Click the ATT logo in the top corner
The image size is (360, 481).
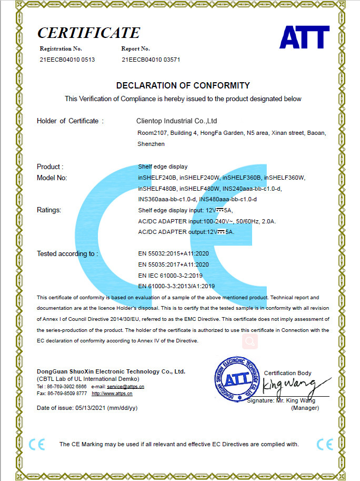304,37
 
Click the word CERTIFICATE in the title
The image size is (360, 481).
88,33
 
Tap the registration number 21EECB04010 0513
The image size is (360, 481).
67,60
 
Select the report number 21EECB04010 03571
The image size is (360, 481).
151,60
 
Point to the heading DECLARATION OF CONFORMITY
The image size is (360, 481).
183,85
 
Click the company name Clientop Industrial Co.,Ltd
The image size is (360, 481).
173,121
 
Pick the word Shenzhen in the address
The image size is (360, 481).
151,143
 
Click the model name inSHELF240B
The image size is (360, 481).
157,178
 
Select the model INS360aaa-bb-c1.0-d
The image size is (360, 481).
167,200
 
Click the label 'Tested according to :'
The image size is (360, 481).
67,253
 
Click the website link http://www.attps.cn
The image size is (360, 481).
112,394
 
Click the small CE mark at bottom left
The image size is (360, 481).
37,444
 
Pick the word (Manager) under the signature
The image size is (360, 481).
305,408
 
